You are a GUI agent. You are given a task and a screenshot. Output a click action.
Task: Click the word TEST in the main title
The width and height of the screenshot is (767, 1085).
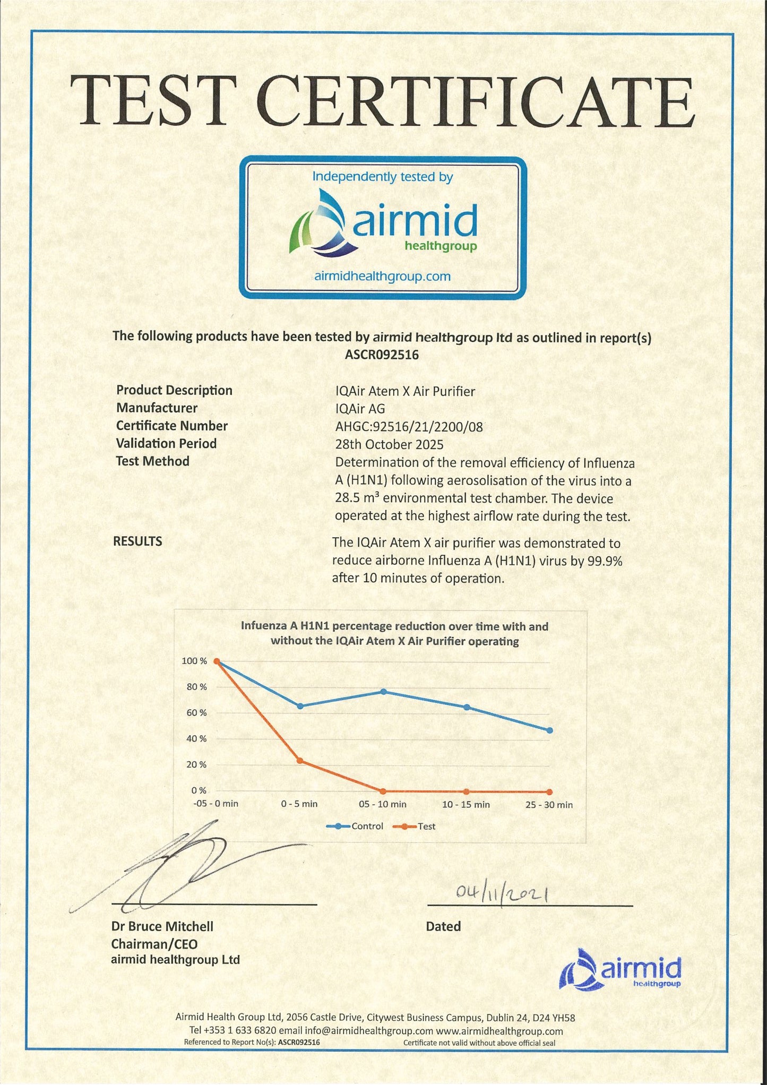(154, 101)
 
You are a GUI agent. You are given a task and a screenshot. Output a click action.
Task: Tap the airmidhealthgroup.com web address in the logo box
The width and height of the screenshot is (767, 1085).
(382, 276)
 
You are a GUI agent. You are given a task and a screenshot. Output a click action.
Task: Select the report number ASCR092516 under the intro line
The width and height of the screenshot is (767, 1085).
(382, 355)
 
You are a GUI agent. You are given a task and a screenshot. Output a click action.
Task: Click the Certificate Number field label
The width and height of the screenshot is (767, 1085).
(171, 426)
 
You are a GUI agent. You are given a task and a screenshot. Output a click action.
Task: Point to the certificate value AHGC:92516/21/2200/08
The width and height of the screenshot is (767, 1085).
(409, 427)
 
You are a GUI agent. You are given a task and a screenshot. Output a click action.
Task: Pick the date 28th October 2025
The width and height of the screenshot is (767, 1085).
(389, 444)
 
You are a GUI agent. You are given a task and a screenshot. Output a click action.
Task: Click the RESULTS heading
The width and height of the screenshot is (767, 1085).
(137, 541)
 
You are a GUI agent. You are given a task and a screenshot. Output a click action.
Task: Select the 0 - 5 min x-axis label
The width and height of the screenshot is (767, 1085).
(299, 804)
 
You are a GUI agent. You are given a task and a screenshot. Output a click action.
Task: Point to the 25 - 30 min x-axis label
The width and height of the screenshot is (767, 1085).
(549, 805)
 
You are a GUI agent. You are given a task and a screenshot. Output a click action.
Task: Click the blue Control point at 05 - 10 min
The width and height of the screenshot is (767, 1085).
(383, 692)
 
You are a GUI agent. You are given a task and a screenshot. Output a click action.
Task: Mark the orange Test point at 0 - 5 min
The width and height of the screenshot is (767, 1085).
(300, 761)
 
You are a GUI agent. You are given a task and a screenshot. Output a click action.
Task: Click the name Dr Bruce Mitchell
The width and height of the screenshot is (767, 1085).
(162, 926)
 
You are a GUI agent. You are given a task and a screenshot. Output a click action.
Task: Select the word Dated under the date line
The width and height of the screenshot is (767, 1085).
(443, 926)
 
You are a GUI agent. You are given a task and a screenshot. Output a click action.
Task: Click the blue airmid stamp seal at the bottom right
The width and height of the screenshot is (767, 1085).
(621, 969)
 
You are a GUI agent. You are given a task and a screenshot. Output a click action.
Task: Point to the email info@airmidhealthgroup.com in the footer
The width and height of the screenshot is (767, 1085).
(369, 1031)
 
